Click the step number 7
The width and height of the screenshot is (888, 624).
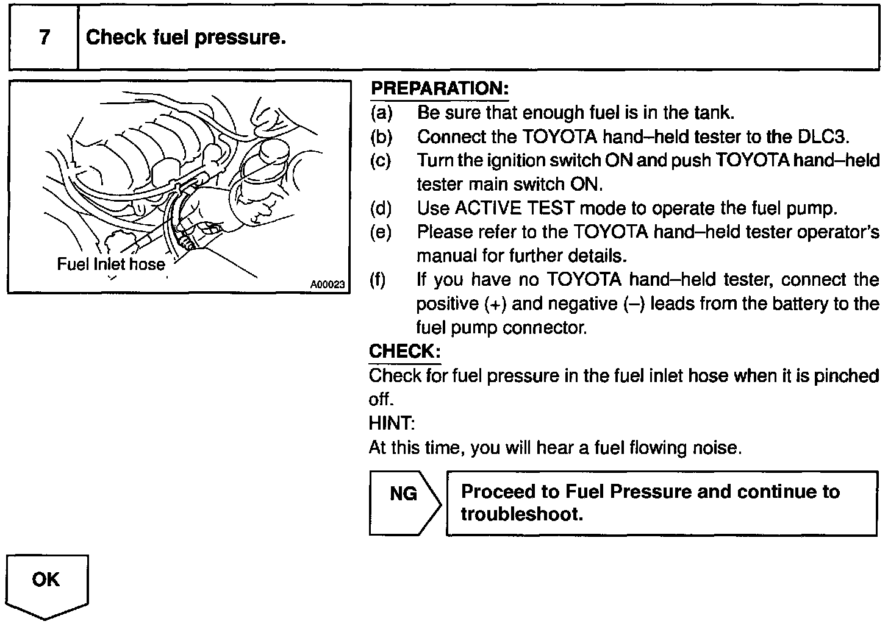[44, 38]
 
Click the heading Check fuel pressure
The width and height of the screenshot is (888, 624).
[186, 38]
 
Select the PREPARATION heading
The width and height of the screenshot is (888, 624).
[439, 88]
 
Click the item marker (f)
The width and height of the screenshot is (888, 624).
[378, 280]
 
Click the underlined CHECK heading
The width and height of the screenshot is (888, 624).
[404, 352]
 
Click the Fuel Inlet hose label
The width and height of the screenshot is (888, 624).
[110, 264]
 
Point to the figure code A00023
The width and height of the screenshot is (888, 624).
[328, 285]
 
